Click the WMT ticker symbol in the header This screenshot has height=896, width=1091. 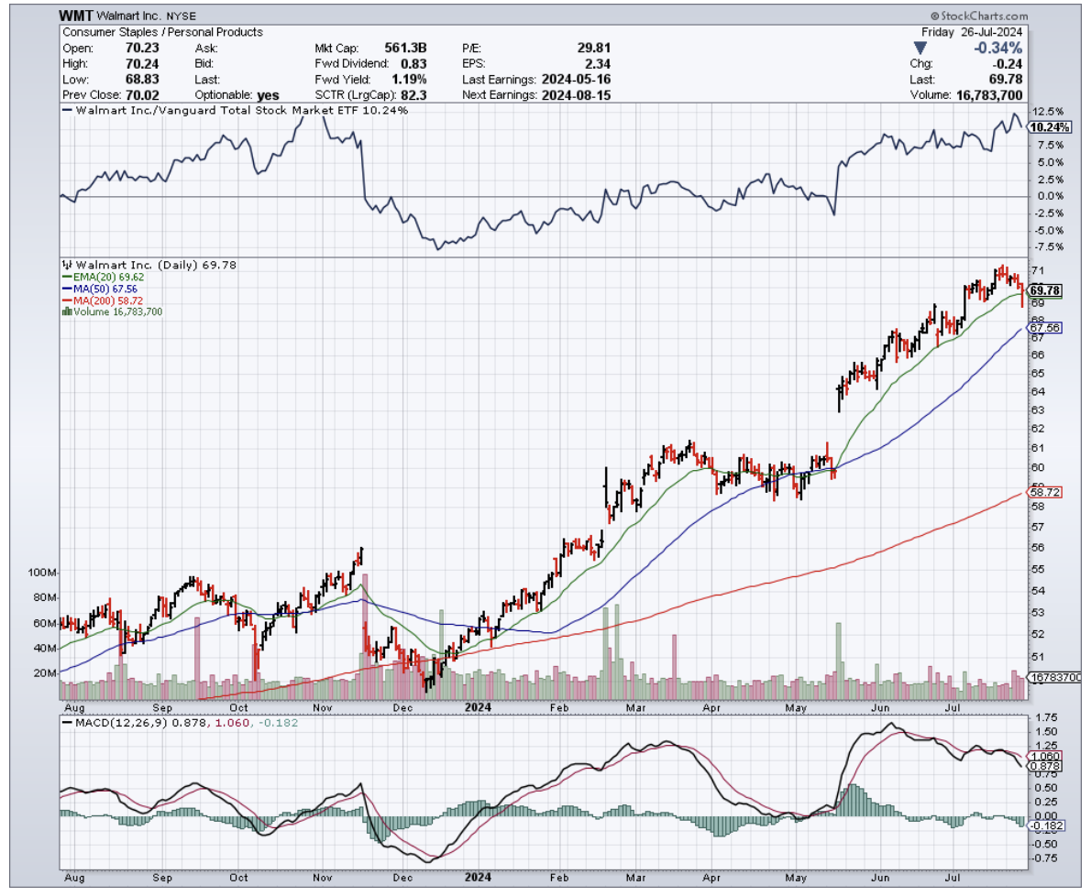pos(77,16)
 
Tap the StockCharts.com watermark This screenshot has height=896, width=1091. pos(978,16)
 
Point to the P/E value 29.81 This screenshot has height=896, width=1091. pos(592,48)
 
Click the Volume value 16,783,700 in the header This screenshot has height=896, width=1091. pos(989,94)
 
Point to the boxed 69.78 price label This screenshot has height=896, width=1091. pos(1046,290)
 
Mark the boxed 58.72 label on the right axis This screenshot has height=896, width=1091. pos(1046,492)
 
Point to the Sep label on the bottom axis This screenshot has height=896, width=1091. pos(162,708)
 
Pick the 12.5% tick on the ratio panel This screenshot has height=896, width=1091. pos(1044,111)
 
